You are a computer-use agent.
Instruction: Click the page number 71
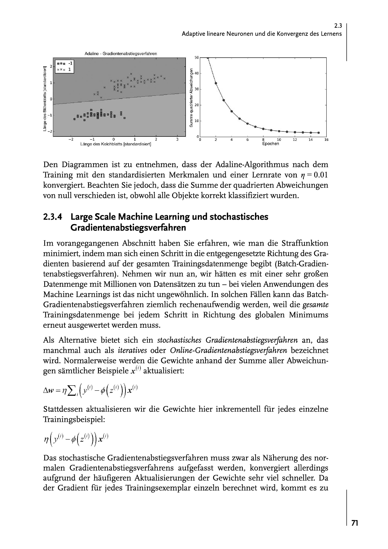355,523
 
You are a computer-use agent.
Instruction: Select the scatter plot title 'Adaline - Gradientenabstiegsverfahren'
121,54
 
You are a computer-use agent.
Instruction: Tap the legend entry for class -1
65,64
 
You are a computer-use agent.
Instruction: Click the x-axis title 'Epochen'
270,144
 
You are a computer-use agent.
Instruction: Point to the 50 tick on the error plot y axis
197,58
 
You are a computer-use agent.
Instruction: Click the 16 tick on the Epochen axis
326,140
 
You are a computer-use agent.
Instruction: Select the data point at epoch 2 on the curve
216,83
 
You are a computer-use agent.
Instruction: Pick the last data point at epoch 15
319,133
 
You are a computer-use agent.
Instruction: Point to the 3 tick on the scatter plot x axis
177,139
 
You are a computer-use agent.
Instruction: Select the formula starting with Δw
90,390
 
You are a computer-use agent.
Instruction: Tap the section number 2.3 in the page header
338,27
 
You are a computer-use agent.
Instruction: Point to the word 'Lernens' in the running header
331,34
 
